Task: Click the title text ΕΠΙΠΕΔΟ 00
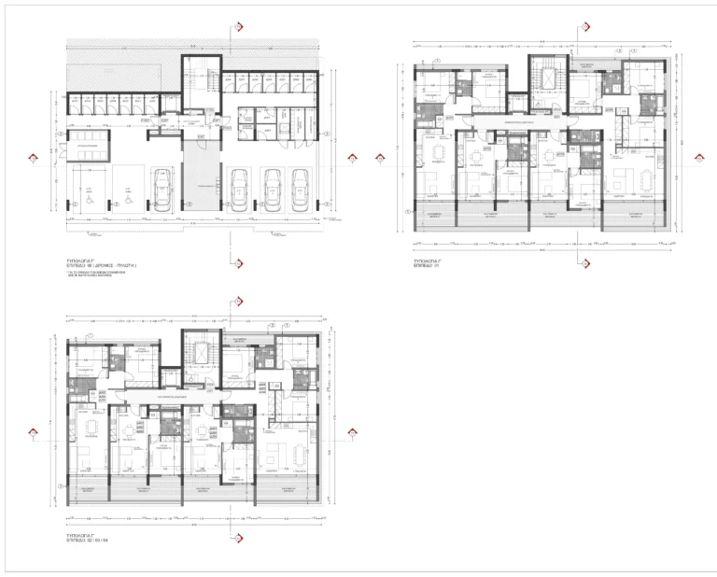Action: (x=104, y=266)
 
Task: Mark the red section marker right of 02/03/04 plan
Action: (x=351, y=431)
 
